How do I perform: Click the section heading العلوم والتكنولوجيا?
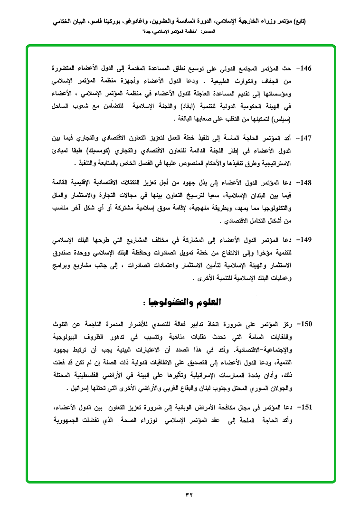click(179, 302)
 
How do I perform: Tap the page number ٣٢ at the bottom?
click(189, 495)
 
